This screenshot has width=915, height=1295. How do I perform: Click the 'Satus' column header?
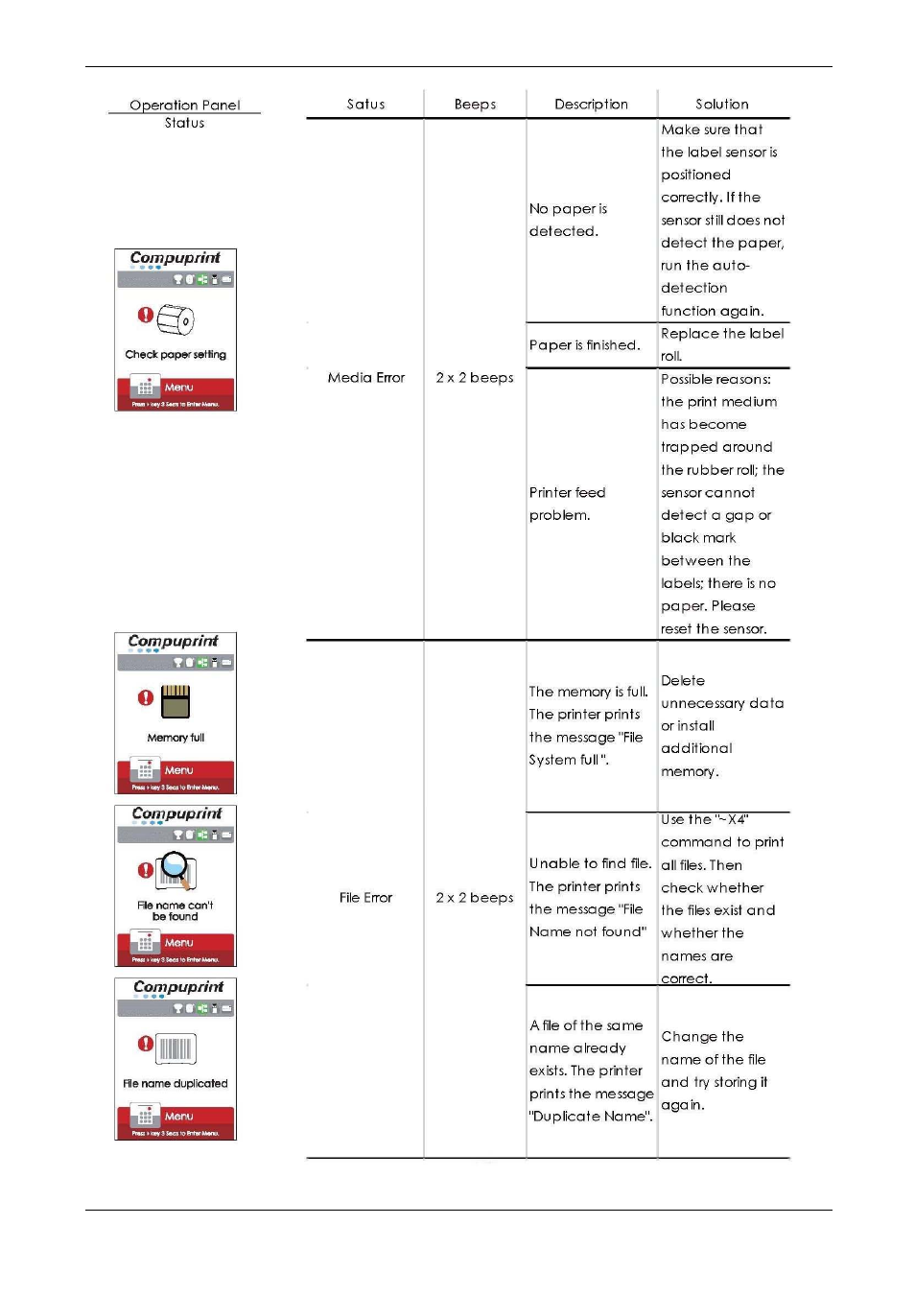365,105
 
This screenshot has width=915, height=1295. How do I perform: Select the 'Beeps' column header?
475,105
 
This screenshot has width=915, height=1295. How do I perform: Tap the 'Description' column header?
591,105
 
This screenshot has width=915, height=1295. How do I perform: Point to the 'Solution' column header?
722,105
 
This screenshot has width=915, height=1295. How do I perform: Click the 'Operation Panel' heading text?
184,106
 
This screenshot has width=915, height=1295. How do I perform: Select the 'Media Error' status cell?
365,378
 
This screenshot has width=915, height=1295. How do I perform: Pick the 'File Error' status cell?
365,898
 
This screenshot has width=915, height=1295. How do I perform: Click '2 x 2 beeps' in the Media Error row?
475,378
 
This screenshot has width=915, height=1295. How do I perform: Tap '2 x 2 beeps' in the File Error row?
475,898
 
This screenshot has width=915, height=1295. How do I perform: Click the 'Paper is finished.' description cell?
584,345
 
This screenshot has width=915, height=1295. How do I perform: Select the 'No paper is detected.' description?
568,220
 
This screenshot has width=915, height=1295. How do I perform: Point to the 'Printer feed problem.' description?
567,504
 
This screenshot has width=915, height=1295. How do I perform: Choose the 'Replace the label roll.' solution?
721,344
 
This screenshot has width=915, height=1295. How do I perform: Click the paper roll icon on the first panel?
176,319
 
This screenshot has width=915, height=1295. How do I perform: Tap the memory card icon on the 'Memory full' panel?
176,701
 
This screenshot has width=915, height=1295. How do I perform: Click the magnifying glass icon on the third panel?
176,869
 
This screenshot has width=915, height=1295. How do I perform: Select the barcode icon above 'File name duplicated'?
176,1048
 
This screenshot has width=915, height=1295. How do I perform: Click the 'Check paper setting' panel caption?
176,355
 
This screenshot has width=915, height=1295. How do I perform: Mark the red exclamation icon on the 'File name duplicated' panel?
145,1044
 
